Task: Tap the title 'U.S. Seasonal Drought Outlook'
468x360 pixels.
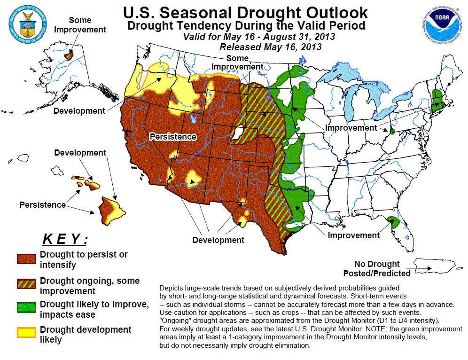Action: click(245, 12)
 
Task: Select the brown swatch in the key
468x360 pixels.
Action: click(26, 258)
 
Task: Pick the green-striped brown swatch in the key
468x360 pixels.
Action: click(26, 284)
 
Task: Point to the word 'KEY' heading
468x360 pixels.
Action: click(65, 239)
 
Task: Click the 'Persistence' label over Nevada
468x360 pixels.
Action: click(172, 137)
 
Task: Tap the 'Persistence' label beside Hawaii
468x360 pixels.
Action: click(42, 205)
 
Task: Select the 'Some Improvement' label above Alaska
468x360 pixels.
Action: click(80, 24)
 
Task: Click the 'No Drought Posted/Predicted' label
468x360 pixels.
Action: click(377, 268)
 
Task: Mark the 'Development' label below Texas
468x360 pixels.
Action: click(218, 240)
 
